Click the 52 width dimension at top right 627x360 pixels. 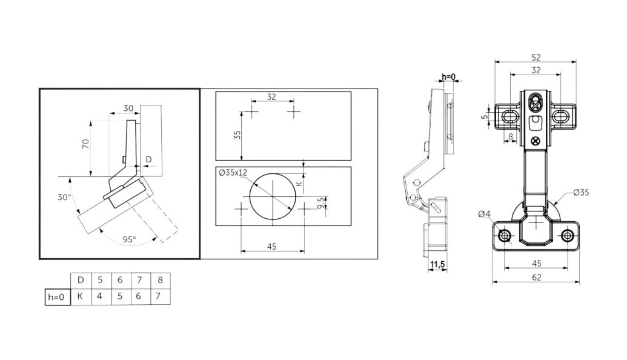[x=536, y=57]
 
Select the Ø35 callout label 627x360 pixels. [x=581, y=192]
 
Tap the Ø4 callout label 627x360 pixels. [x=484, y=215]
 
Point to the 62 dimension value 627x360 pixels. [x=536, y=277]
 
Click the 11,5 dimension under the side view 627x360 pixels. [x=437, y=265]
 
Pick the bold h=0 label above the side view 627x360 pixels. [x=448, y=77]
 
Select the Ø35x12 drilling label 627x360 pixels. [x=233, y=173]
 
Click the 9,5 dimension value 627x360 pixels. [x=320, y=203]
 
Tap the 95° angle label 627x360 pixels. [x=129, y=239]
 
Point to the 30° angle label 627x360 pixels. [x=64, y=197]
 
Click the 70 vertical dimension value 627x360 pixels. [x=85, y=144]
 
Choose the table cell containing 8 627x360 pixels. [x=161, y=280]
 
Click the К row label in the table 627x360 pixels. [x=81, y=296]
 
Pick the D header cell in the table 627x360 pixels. [x=81, y=280]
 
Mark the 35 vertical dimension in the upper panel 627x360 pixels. [x=237, y=135]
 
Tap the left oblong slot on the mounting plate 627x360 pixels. [x=509, y=116]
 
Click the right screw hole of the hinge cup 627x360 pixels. [x=567, y=236]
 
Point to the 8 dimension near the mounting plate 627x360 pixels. [x=510, y=136]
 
